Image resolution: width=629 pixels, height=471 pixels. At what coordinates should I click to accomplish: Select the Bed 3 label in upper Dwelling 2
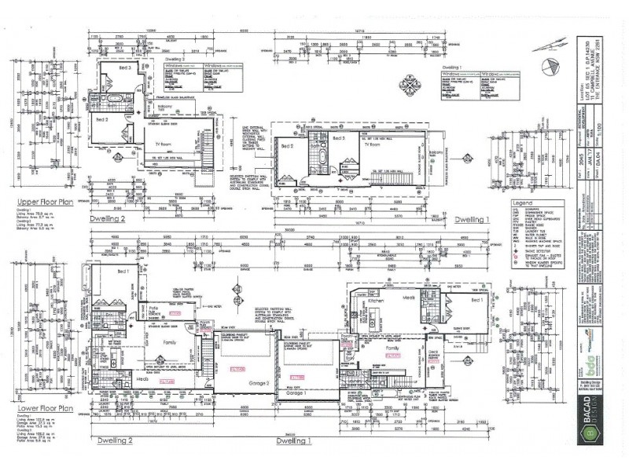tap(125, 69)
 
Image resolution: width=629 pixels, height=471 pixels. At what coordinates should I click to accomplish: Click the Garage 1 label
tap(295, 400)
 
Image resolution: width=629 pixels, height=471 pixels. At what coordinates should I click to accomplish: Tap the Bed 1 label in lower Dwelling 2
tap(123, 271)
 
